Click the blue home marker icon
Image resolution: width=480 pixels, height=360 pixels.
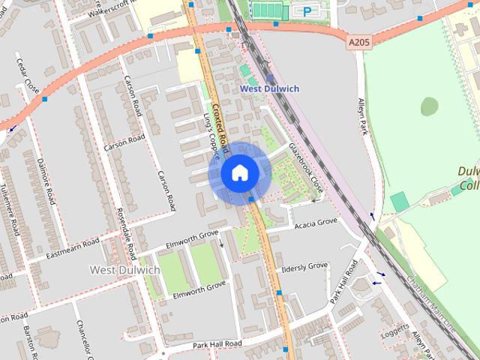coord(239,173)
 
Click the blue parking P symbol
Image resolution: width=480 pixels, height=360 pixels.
coord(307,10)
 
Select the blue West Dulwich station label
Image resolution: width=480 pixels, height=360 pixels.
coord(269,88)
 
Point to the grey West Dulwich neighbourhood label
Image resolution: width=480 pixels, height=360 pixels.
coord(124,269)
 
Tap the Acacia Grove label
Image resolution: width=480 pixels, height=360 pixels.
coord(316,223)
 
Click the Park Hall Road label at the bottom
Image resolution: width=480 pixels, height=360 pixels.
coord(217,343)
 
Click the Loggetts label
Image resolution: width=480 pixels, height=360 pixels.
coord(394,331)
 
